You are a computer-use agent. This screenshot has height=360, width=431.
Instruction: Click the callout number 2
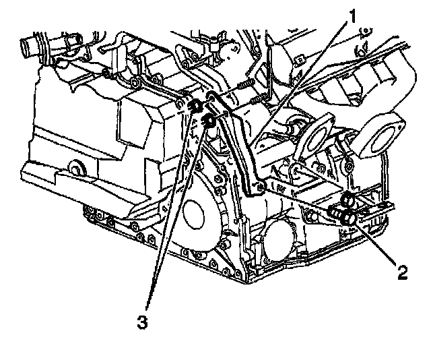[402, 272]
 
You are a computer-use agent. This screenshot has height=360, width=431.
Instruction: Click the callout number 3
[142, 322]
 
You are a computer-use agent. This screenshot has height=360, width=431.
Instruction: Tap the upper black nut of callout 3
[195, 107]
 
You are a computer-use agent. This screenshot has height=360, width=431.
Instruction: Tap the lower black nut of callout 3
[208, 122]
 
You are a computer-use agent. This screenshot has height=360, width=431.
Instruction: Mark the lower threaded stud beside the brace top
[256, 102]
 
